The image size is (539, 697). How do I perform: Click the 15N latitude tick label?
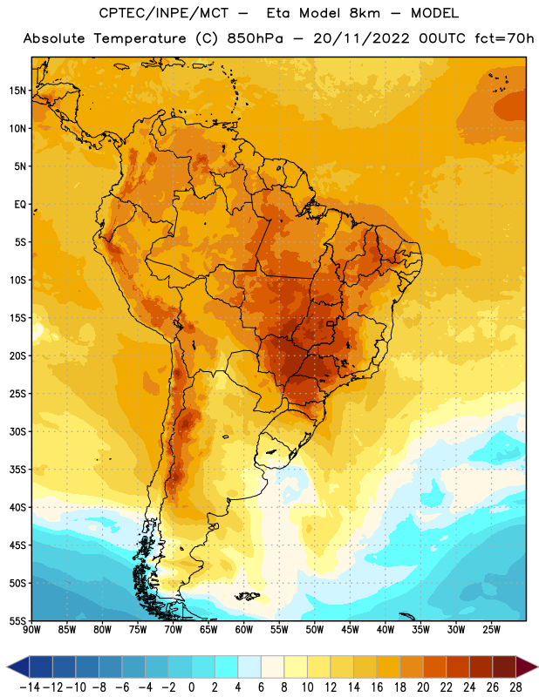pyautogui.click(x=17, y=91)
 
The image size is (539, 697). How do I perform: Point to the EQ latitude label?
pyautogui.click(x=20, y=205)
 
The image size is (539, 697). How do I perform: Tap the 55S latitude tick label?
pyautogui.click(x=18, y=620)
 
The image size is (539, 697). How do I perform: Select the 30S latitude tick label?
pyautogui.click(x=18, y=431)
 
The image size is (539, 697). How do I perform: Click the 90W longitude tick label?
pyautogui.click(x=31, y=629)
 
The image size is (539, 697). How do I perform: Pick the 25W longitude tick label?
pyautogui.click(x=491, y=629)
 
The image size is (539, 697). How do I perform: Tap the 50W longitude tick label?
pyautogui.click(x=315, y=629)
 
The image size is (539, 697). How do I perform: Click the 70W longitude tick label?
pyautogui.click(x=174, y=629)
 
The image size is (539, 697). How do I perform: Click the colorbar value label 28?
pyautogui.click(x=515, y=687)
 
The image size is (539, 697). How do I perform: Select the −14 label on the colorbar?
pyautogui.click(x=30, y=687)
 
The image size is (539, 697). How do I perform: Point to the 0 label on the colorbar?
pyautogui.click(x=191, y=687)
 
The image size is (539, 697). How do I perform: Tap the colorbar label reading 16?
pyautogui.click(x=377, y=687)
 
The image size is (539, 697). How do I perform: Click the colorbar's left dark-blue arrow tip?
pyautogui.click(x=7, y=667)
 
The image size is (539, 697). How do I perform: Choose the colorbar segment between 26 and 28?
pyautogui.click(x=504, y=667)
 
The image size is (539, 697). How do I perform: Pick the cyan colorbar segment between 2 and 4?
pyautogui.click(x=226, y=667)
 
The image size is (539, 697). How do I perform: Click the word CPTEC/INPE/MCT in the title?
pyautogui.click(x=163, y=13)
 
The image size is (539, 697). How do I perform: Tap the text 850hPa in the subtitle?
pyautogui.click(x=255, y=38)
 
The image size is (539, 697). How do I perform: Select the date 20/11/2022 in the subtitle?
pyautogui.click(x=361, y=38)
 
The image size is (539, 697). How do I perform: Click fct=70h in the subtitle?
pyautogui.click(x=504, y=38)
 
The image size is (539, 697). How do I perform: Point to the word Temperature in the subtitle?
pyautogui.click(x=140, y=38)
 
